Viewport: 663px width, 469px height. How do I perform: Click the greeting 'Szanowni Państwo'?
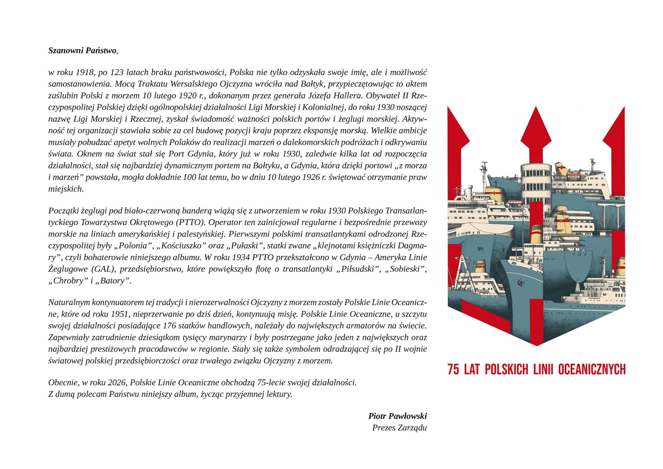click(82, 51)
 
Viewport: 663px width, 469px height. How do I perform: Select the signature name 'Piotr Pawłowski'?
click(397, 416)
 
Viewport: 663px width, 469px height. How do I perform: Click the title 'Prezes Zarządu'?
click(399, 428)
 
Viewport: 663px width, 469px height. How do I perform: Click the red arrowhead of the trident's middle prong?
click(536, 129)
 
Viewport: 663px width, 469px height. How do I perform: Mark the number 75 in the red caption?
click(453, 370)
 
